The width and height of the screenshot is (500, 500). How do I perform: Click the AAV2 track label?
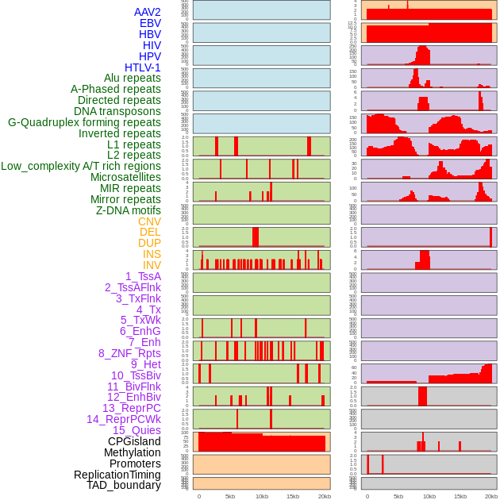[148, 12]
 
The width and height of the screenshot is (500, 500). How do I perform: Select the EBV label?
[150, 23]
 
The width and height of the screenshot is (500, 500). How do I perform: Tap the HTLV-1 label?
[143, 67]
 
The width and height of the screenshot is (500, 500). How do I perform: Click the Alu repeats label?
[133, 78]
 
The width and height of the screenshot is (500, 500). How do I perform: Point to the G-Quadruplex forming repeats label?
[84, 122]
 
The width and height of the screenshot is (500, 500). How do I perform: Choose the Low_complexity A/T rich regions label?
[81, 166]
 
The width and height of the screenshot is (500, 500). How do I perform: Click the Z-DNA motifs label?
[129, 210]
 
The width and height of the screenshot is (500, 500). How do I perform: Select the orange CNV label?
[149, 221]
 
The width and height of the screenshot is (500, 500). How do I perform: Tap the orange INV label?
[152, 265]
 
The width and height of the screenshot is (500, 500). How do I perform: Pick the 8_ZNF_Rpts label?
[129, 353]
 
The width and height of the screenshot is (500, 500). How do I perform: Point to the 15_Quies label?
[137, 430]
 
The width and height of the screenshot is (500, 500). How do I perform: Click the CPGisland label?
[134, 441]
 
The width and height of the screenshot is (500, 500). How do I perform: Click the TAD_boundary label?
[124, 485]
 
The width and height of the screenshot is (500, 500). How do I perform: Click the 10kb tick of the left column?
[261, 496]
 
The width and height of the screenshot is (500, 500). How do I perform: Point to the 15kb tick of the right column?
[460, 496]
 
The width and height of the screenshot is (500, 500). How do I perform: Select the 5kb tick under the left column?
[230, 496]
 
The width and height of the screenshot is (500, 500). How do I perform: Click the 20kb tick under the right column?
[491, 496]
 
